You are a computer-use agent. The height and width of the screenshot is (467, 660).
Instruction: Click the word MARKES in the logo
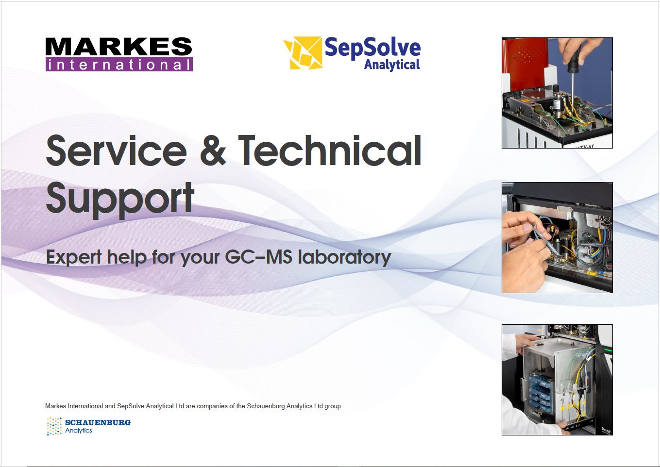pyautogui.click(x=118, y=47)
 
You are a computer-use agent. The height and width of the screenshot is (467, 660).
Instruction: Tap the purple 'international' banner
pyautogui.click(x=119, y=64)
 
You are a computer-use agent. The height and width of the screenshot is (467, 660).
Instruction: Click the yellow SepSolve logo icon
pyautogui.click(x=303, y=53)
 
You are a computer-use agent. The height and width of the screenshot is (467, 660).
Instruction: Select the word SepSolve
pyautogui.click(x=372, y=47)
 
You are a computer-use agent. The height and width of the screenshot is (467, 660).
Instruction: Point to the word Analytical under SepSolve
pyautogui.click(x=392, y=65)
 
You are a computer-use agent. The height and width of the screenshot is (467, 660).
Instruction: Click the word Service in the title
pyautogui.click(x=117, y=150)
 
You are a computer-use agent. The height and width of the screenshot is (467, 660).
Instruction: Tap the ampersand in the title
pyautogui.click(x=213, y=150)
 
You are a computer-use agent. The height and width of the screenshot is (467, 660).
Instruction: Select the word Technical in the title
pyautogui.click(x=330, y=150)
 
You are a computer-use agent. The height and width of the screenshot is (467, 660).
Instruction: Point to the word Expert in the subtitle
pyautogui.click(x=74, y=258)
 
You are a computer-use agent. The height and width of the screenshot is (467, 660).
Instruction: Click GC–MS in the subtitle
pyautogui.click(x=259, y=257)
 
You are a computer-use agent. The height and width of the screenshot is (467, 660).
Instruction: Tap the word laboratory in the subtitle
pyautogui.click(x=344, y=258)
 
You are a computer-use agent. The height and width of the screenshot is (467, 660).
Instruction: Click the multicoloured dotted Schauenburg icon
pyautogui.click(x=54, y=426)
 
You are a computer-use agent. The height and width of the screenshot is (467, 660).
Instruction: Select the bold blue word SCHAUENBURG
pyautogui.click(x=98, y=422)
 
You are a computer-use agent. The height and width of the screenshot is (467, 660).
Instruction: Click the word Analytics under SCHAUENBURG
pyautogui.click(x=78, y=431)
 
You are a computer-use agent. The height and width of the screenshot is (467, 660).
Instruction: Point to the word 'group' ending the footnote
pyautogui.click(x=333, y=406)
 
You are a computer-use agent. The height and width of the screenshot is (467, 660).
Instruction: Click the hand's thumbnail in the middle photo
pyautogui.click(x=527, y=228)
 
